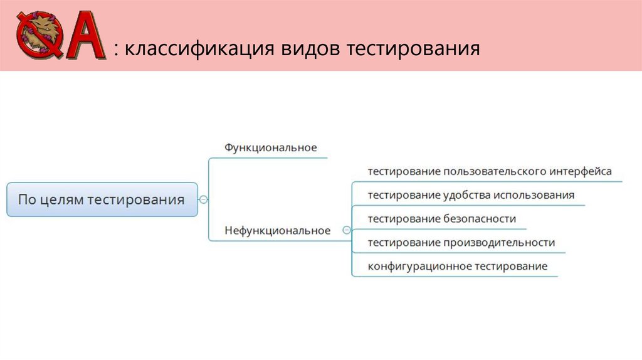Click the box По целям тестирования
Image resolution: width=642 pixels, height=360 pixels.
tap(102, 200)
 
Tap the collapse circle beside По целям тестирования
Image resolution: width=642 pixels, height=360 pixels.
tap(203, 200)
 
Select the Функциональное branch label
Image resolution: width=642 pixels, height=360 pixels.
tap(271, 148)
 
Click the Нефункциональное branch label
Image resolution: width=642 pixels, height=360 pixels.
tap(277, 231)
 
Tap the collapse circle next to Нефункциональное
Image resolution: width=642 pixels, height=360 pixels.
tap(346, 231)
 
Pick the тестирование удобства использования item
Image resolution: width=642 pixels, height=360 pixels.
tap(471, 195)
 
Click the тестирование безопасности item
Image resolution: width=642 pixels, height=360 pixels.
tap(441, 219)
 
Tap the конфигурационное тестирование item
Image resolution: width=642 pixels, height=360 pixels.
tap(457, 267)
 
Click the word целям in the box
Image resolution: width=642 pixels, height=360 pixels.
tap(62, 200)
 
